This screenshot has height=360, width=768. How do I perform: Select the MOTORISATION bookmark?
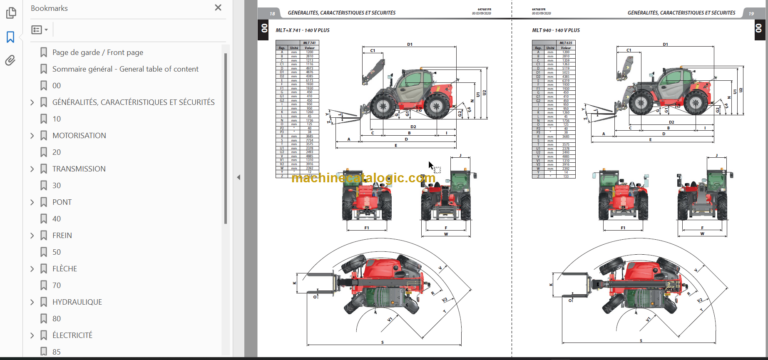coord(79,135)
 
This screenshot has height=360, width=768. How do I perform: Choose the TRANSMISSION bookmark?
coord(78,169)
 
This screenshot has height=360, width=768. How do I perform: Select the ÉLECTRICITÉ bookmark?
coord(73,335)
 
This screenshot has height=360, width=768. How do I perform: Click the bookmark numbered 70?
coord(57,285)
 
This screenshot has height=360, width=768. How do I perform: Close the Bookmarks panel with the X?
coord(219,8)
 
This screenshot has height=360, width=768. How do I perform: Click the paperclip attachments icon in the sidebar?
coord(10,60)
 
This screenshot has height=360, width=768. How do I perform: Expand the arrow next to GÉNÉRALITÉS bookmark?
coord(31,102)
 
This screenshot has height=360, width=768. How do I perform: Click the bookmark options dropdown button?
coord(40,31)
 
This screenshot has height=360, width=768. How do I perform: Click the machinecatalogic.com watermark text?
coord(363,178)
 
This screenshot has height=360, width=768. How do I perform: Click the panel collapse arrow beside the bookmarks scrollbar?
coord(238,178)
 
